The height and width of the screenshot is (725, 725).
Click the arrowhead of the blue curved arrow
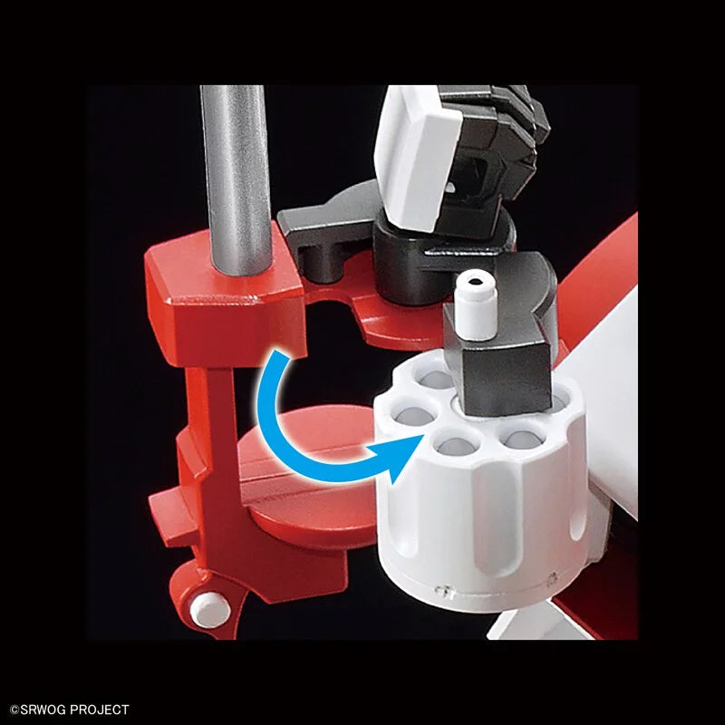tap(401, 457)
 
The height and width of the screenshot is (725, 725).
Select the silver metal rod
tap(236, 178)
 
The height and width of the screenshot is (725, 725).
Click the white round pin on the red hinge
tap(210, 609)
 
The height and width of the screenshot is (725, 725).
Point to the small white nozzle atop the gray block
tap(476, 305)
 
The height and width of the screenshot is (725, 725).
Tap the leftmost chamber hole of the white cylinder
tap(413, 414)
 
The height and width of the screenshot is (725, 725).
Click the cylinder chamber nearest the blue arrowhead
tap(457, 444)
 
